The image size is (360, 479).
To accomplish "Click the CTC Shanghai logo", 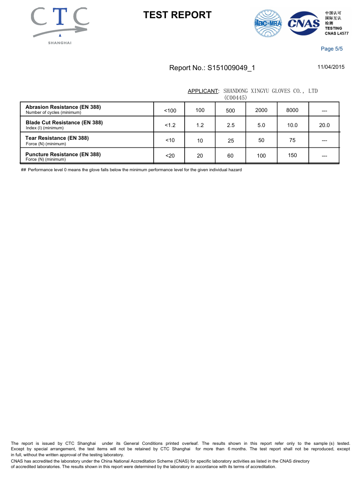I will coord(60,25).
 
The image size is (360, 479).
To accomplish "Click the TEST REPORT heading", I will coord(177,15).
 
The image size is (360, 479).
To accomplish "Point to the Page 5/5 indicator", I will coord(332,49).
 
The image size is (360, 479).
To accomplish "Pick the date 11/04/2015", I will coord(331,67).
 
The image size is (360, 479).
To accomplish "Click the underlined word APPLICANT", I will coord(203,91).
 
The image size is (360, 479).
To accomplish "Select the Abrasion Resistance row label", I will coord(63,107).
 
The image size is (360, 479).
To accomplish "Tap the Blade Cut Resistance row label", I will coord(64,122).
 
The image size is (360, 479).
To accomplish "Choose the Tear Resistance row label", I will coord(57,138).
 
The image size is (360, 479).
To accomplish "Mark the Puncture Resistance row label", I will coord(63,154).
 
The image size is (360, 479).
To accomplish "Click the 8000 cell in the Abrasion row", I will coord(292,110).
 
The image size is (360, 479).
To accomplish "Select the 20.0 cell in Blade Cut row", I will coord(324,125).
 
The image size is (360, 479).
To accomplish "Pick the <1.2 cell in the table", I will coord(170,125).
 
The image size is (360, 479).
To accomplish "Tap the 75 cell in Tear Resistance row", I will coord(292,140).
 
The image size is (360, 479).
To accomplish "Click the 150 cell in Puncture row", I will coord(292,155).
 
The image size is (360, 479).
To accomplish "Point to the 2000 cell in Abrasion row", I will coord(261,110).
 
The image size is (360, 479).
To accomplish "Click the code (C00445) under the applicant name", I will coord(236,97).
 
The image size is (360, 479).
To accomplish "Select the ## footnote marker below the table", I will coord(23,170).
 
